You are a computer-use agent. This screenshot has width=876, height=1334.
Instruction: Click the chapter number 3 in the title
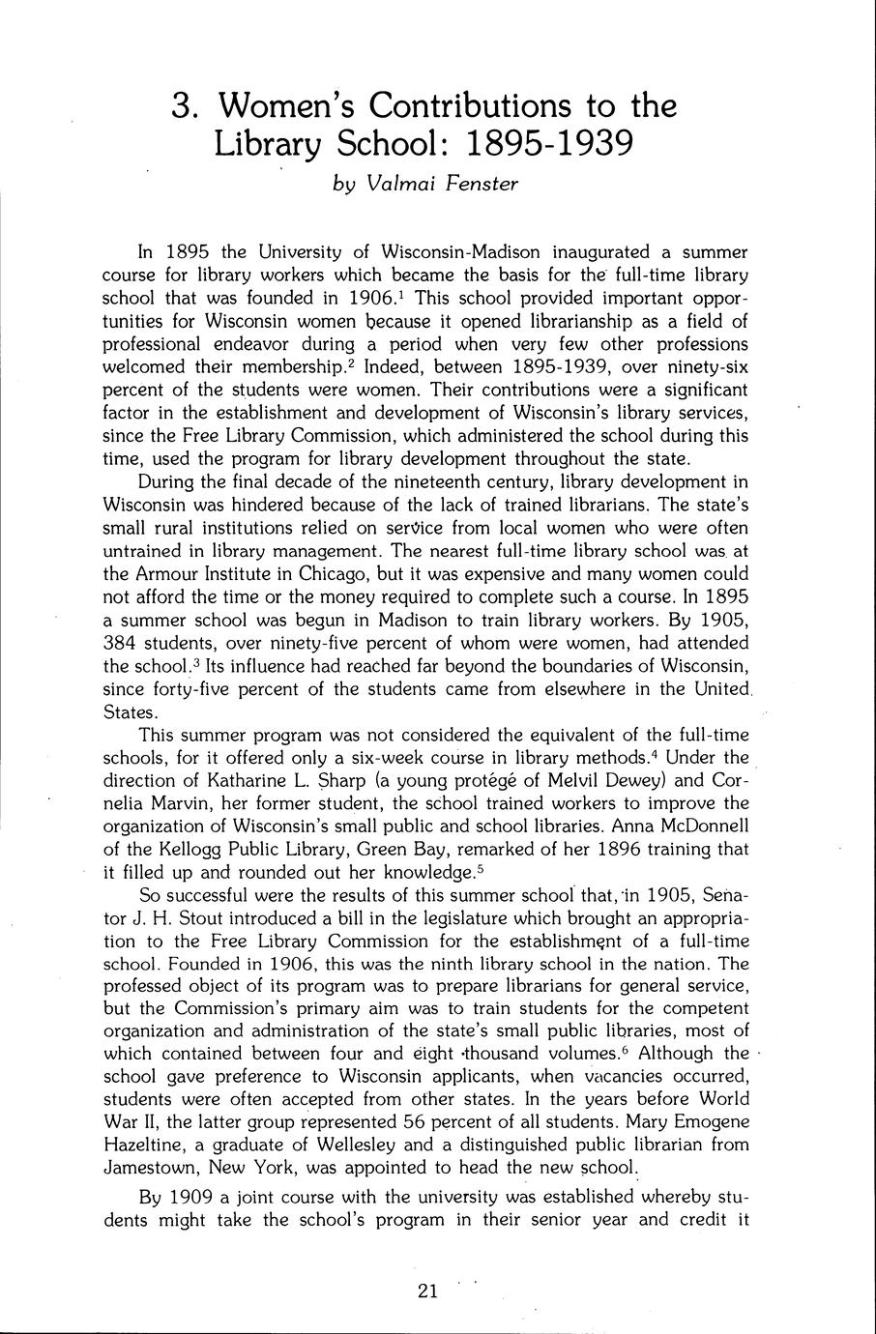(x=181, y=104)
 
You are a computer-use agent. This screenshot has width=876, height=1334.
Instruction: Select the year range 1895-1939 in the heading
(x=549, y=144)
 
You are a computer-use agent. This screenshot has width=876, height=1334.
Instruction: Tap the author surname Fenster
(x=482, y=184)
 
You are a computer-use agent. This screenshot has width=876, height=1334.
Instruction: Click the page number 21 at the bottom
(x=428, y=1290)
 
